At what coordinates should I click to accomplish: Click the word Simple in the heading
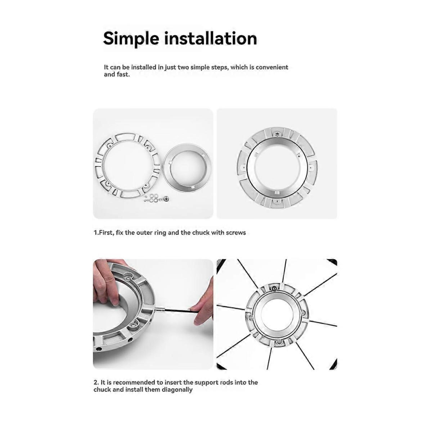131,38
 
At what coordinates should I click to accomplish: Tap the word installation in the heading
210,38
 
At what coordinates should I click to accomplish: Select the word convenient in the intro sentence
272,67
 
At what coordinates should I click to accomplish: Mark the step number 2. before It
96,382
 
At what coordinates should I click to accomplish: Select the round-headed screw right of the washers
166,198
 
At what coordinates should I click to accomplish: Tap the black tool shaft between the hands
177,311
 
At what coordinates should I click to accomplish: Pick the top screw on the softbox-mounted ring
274,288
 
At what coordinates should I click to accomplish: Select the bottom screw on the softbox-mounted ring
279,342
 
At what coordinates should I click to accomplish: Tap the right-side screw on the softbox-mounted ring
303,312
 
